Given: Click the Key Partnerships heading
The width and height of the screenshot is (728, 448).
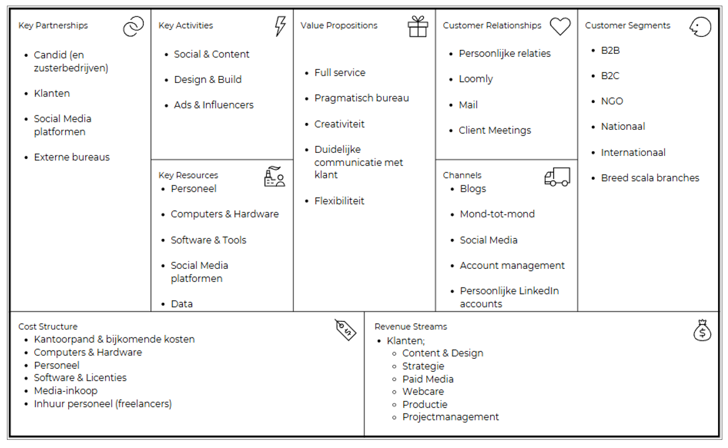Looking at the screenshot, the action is pyautogui.click(x=53, y=26).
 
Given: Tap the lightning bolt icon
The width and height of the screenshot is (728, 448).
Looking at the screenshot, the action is pyautogui.click(x=280, y=26).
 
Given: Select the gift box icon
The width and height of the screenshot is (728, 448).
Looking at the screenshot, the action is pyautogui.click(x=418, y=26).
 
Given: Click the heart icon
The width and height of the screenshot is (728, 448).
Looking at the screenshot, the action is pyautogui.click(x=560, y=26).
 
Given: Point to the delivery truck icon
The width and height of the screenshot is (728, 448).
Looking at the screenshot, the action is pyautogui.click(x=557, y=177).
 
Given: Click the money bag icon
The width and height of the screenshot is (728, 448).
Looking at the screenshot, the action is pyautogui.click(x=702, y=330).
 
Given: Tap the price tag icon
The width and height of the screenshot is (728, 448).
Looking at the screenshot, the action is pyautogui.click(x=346, y=329).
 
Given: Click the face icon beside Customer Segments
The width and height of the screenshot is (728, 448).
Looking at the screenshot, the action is pyautogui.click(x=700, y=27).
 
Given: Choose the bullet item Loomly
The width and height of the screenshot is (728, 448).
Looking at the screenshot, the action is pyautogui.click(x=476, y=79).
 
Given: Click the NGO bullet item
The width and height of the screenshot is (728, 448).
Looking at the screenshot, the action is pyautogui.click(x=612, y=101).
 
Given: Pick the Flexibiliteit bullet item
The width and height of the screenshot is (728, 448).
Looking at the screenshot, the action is pyautogui.click(x=339, y=201).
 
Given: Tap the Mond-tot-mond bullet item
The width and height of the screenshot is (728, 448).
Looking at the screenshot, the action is pyautogui.click(x=497, y=214).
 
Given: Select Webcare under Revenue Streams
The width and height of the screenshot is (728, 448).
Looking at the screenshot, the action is pyautogui.click(x=423, y=391).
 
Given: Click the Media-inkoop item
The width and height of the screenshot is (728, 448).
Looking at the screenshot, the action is pyautogui.click(x=66, y=391).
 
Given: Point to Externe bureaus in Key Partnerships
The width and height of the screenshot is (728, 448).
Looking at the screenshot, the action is pyautogui.click(x=71, y=157).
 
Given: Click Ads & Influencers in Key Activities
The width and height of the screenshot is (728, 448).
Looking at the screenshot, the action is pyautogui.click(x=214, y=105).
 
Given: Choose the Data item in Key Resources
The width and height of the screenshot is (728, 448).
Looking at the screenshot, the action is pyautogui.click(x=182, y=304).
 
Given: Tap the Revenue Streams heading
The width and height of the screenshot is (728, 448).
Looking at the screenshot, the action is pyautogui.click(x=411, y=326).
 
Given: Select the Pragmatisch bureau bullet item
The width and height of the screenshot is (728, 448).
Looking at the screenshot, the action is pyautogui.click(x=362, y=99).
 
